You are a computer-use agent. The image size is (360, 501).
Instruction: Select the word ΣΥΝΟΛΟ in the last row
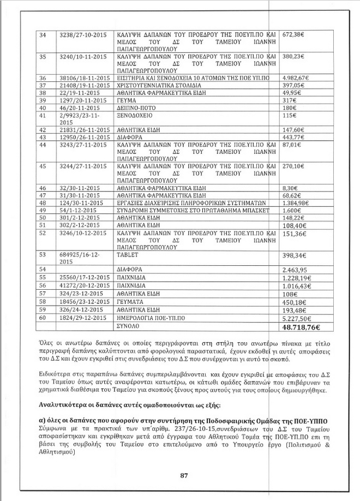point(129,327)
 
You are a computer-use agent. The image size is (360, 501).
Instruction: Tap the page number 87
point(184,475)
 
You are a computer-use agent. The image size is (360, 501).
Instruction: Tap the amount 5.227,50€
point(297,319)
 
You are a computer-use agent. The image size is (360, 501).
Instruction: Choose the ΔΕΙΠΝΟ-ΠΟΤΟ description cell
point(139,109)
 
